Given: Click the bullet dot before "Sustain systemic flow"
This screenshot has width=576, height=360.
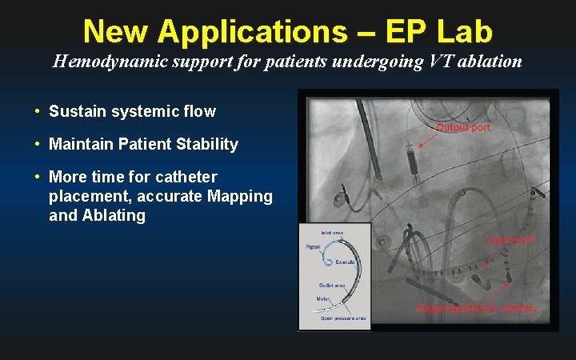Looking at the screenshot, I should coord(38,112).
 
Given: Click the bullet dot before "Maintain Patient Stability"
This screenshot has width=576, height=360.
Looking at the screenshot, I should coord(38,145).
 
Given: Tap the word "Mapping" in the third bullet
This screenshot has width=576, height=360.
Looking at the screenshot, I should coord(245,196).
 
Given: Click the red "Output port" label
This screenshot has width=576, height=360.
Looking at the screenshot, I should coord(463,127).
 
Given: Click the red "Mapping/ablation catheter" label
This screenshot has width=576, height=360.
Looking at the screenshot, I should coord(477,308).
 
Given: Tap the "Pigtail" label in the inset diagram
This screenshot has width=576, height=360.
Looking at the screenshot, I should coord(314,247).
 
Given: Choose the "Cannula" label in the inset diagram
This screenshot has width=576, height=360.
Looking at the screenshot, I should coord(346,262).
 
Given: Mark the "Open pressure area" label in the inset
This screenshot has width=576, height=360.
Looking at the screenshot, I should coord(343,318).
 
